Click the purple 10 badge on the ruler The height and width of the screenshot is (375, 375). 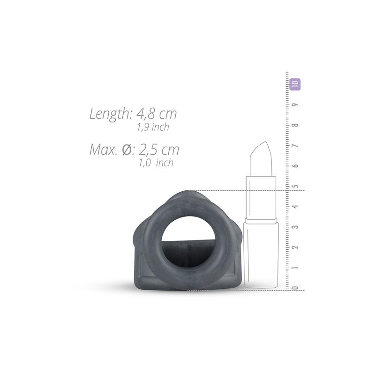(x=295, y=84)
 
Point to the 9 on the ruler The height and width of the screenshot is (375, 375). (x=296, y=105)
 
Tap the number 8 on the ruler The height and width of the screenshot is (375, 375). (x=296, y=125)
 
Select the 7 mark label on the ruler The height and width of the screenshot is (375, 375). (x=296, y=145)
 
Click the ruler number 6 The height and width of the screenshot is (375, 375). (x=296, y=166)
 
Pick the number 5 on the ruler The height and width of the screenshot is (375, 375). (x=296, y=186)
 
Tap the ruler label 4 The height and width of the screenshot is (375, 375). (x=296, y=206)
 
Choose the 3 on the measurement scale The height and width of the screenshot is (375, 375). (x=296, y=227)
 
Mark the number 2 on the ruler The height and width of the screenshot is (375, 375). (x=296, y=247)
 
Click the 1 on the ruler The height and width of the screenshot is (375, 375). (x=296, y=267)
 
